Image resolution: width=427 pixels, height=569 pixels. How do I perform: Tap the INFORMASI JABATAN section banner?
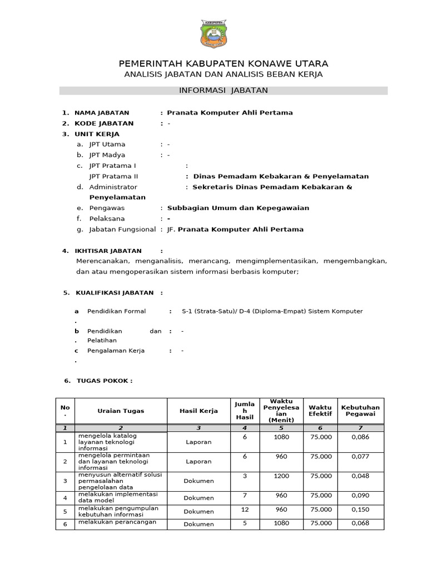pyautogui.click(x=223, y=90)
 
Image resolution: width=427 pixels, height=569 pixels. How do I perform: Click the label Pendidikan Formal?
pyautogui.click(x=116, y=311)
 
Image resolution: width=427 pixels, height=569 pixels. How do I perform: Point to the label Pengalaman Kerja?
pyautogui.click(x=116, y=351)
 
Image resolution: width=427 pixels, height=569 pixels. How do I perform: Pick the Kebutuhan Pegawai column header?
pyautogui.click(x=360, y=411)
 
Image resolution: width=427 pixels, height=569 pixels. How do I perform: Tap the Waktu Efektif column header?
pyautogui.click(x=320, y=411)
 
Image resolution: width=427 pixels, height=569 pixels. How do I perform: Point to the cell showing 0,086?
pyautogui.click(x=360, y=438)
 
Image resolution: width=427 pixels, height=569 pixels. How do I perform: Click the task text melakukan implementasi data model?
pyautogui.click(x=118, y=497)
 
